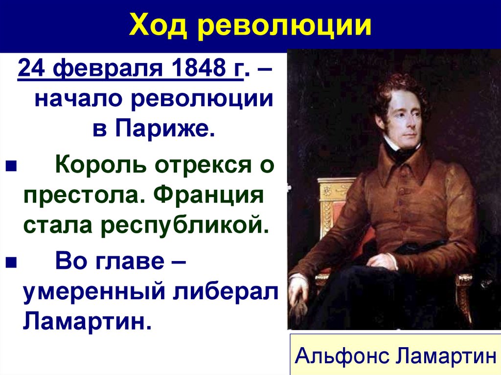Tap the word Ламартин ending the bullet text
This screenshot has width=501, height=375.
coord(84,321)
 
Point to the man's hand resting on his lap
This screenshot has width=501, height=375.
coord(383,261)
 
